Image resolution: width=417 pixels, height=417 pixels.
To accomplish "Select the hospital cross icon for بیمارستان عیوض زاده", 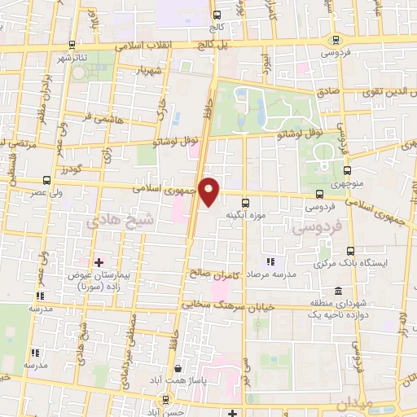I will pos(99,262).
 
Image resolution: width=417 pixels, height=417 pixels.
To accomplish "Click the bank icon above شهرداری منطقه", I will pos(336,292).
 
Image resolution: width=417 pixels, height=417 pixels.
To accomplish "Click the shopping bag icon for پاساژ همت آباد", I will pos(178,368).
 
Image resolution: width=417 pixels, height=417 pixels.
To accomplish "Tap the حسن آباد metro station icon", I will pos(167,399).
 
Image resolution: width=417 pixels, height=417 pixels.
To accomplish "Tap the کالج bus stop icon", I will pos(216,15).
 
